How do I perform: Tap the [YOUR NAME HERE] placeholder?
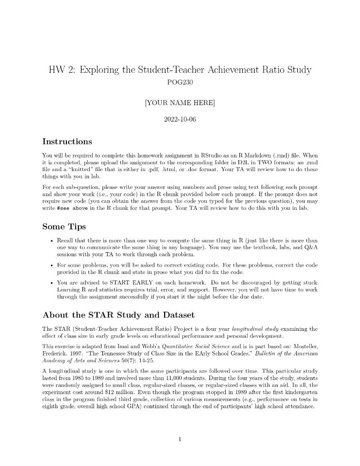(180, 103)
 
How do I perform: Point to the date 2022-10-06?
(180, 120)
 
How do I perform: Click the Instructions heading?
(67, 142)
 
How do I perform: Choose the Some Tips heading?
(64, 227)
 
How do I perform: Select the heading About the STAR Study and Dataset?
(118, 315)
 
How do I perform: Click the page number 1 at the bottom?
(180, 439)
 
